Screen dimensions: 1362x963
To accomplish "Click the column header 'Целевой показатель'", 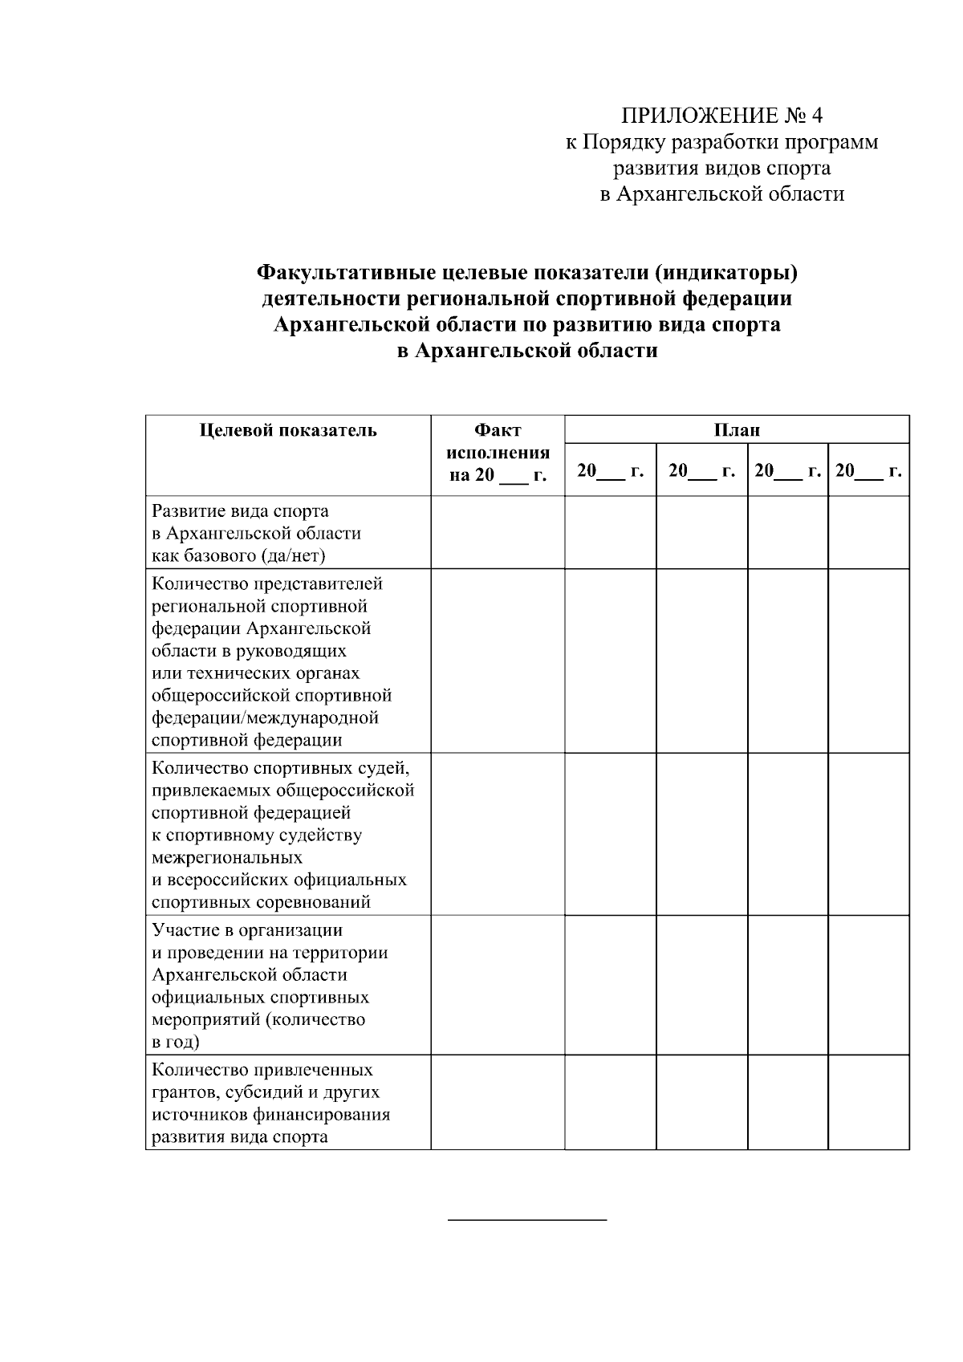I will [288, 430].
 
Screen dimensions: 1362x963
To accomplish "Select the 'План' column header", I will [737, 430].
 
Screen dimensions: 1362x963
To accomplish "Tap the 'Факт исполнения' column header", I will [498, 453].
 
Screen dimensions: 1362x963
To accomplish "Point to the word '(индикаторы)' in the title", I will [725, 274].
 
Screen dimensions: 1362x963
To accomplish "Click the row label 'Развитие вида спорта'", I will [241, 511].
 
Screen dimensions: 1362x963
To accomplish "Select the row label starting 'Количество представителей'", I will [267, 583].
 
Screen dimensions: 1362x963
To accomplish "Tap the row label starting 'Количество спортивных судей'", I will [280, 768].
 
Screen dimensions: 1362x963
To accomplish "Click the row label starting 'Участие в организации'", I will [247, 930].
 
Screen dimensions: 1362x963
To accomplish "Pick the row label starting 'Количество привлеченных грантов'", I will [262, 1071].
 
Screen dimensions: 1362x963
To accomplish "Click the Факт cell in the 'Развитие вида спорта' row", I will [498, 533].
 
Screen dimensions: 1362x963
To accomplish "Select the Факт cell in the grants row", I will [498, 1103].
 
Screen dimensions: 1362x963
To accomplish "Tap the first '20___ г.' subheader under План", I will [610, 471].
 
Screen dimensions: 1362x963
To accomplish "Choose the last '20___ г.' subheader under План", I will [868, 471].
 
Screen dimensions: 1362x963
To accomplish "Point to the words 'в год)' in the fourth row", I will [176, 1043].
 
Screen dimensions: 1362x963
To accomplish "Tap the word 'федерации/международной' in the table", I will [265, 718].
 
